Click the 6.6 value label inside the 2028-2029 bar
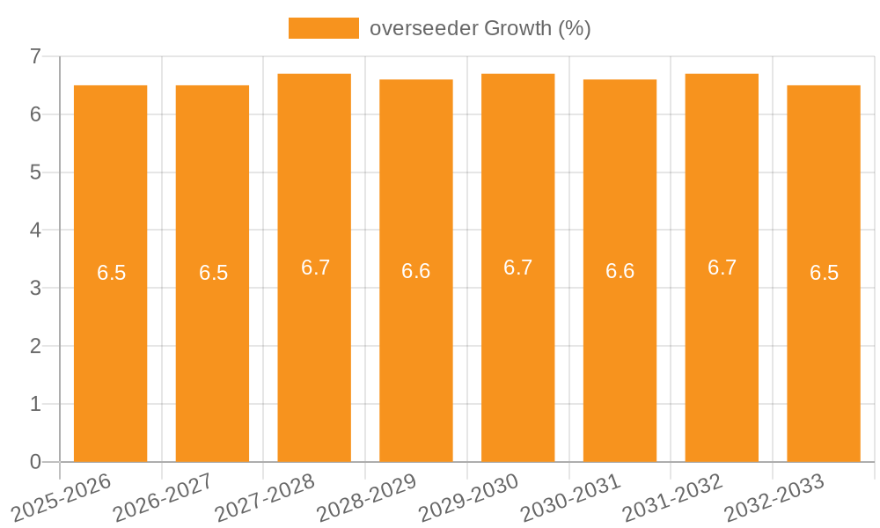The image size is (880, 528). [416, 271]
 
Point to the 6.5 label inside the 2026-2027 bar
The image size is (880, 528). [213, 273]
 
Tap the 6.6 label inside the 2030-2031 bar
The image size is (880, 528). [620, 271]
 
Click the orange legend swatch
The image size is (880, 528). [324, 28]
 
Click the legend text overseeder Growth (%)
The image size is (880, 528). [480, 28]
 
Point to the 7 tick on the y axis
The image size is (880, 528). [35, 56]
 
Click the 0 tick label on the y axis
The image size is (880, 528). [35, 462]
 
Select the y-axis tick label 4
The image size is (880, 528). [35, 231]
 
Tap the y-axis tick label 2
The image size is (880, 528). [35, 346]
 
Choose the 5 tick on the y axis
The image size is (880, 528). [35, 172]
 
